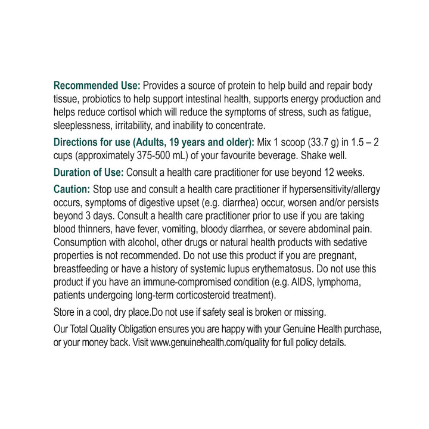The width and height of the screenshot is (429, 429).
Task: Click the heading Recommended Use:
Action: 97,86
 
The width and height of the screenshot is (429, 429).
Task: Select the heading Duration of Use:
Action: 89,172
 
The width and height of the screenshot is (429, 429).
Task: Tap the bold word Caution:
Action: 71,189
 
